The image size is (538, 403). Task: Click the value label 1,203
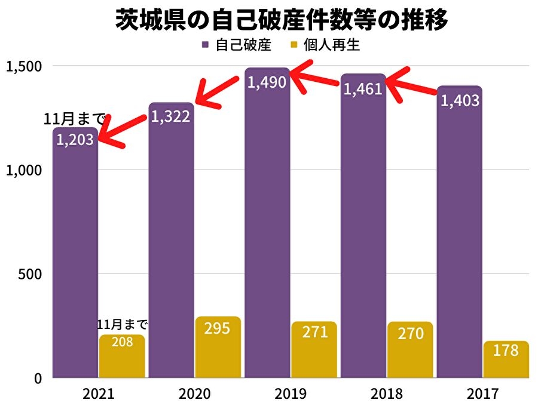tap(75, 140)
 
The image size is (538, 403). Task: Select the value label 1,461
tap(363, 90)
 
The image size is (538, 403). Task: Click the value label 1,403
tap(460, 100)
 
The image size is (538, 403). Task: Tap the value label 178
tap(506, 350)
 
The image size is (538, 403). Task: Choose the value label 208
tap(122, 343)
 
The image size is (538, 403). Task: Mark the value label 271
tap(314, 332)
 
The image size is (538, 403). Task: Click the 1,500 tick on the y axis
tap(23, 66)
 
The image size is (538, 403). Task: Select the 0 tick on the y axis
tap(37, 379)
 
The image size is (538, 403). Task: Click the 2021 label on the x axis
tap(99, 394)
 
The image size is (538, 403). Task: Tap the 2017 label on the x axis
tap(483, 394)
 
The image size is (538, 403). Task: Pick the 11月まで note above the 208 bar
tap(122, 325)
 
